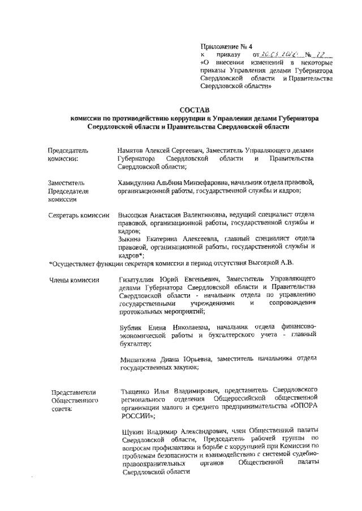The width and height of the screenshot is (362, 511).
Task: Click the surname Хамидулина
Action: (133, 183)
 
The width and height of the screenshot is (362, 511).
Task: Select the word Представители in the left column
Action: (74, 392)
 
